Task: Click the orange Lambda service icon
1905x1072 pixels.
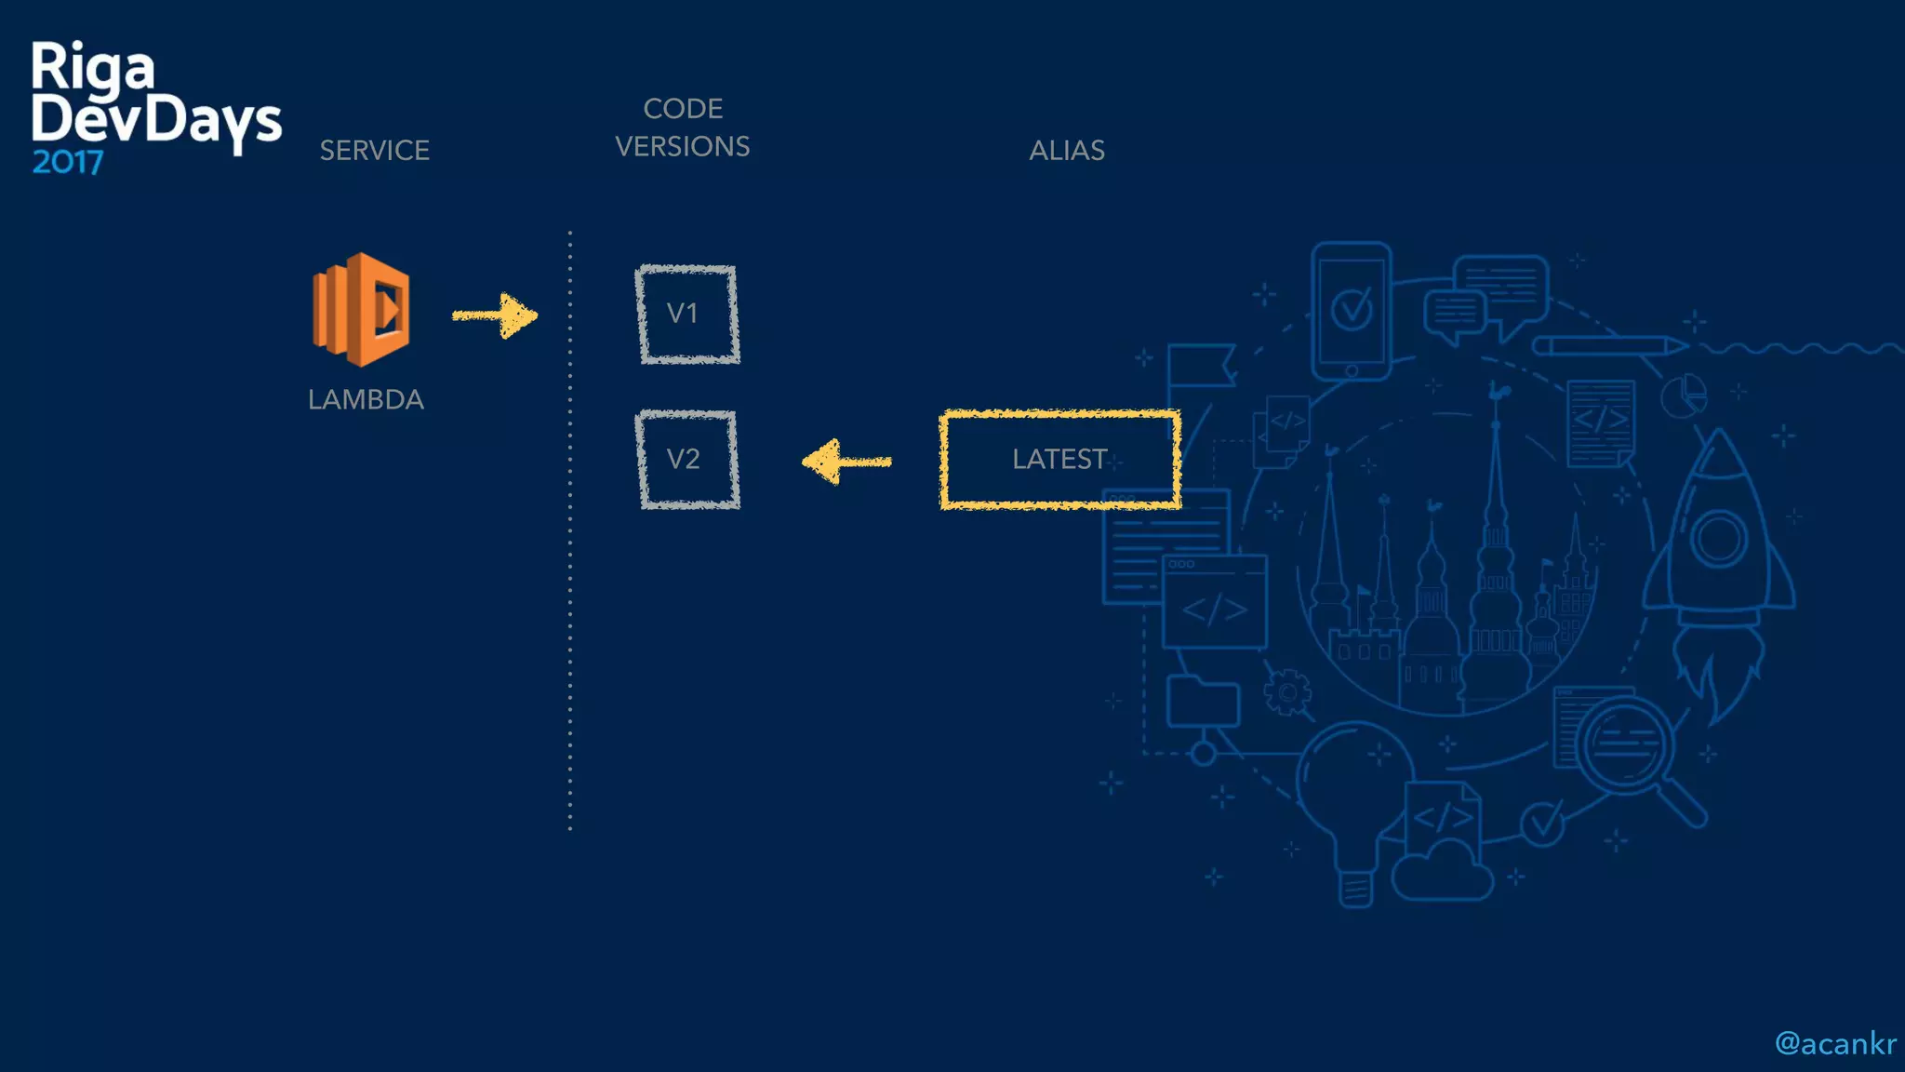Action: [362, 309]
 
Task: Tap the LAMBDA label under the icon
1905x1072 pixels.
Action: [366, 399]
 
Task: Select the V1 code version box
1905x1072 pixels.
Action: [687, 315]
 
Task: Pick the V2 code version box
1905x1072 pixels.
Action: [687, 460]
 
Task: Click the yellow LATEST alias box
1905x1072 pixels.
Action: [1060, 460]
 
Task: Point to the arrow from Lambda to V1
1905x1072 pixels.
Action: [495, 315]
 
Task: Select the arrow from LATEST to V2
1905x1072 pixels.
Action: [846, 461]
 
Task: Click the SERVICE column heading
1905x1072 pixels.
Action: [374, 151]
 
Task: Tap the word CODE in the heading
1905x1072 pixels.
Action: [683, 109]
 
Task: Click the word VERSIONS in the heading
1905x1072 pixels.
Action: [683, 147]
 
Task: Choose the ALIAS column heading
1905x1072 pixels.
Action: [1067, 151]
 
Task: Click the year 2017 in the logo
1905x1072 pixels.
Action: [67, 163]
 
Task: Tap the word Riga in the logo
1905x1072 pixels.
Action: [92, 67]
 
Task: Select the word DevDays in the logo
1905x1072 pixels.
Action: [156, 120]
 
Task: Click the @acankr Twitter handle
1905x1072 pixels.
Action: [1834, 1044]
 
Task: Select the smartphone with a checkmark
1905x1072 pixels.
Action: [1352, 310]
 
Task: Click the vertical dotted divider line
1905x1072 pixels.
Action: [570, 530]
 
